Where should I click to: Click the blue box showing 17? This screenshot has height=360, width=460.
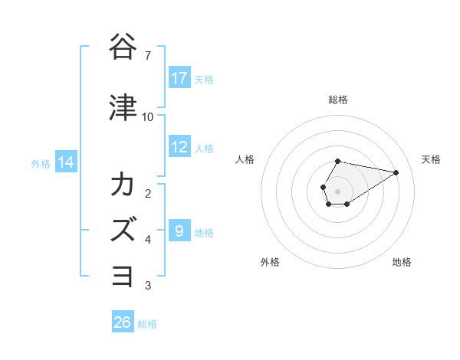point(179,78)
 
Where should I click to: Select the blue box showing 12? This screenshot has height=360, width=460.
point(179,148)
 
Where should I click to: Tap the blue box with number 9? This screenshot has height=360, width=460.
point(179,231)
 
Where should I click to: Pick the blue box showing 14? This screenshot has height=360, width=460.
point(65,162)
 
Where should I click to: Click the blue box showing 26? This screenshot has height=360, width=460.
point(123,322)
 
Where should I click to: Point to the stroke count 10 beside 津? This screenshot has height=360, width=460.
point(148,117)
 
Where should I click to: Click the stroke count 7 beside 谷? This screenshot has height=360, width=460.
point(148,56)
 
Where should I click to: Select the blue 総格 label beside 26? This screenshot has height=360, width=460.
point(147,324)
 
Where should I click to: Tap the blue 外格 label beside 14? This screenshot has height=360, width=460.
point(41,163)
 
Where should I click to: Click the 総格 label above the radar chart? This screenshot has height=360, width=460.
point(337,100)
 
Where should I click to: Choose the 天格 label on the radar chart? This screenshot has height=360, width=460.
point(431,159)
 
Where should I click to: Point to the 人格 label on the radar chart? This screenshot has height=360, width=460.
point(245,159)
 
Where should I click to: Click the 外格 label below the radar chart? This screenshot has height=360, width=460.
point(269,262)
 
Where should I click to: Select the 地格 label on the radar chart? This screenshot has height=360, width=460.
point(402,262)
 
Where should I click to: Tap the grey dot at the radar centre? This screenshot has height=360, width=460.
point(337,190)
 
